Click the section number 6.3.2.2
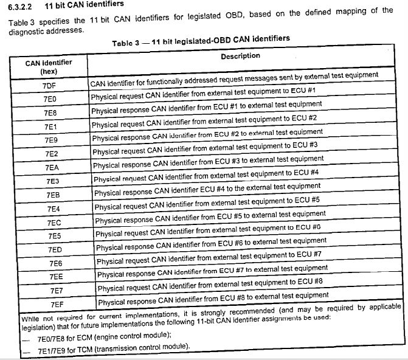coord(19,5)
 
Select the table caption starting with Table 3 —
coord(201,40)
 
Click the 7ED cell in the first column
coord(55,250)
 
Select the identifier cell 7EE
coord(56,277)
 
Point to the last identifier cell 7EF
coord(57,303)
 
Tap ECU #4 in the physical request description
coord(305,172)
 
